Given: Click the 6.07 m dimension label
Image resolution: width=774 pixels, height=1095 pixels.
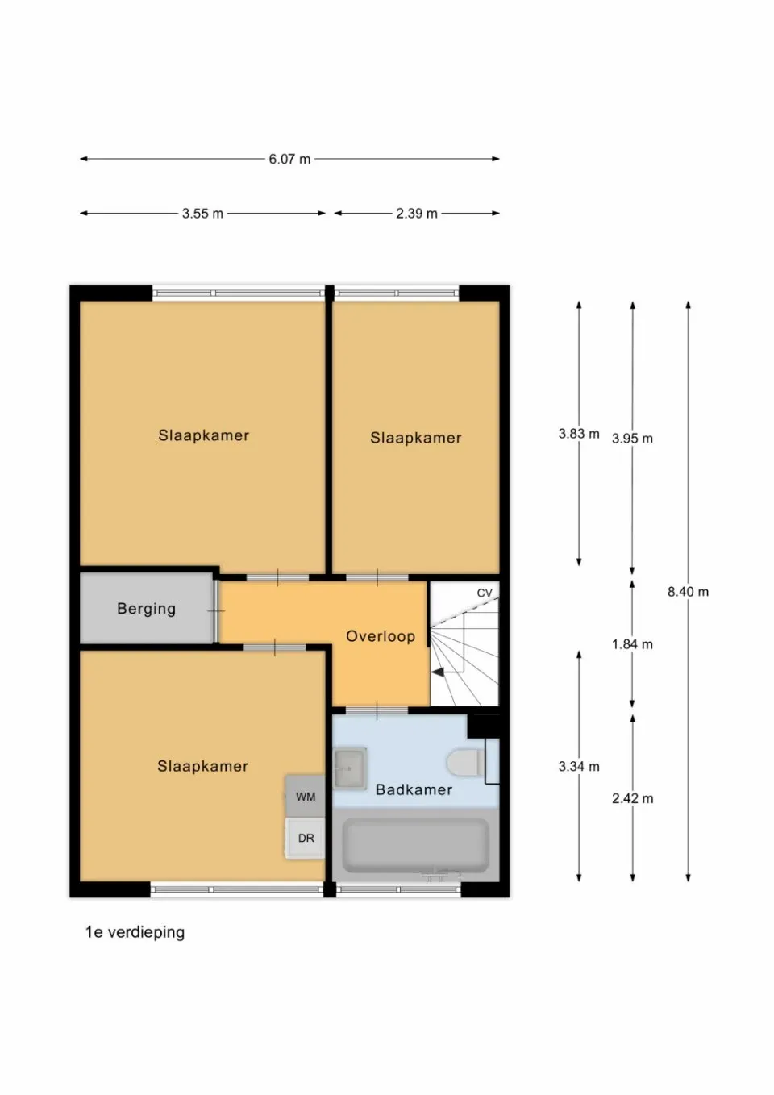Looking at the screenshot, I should (289, 160).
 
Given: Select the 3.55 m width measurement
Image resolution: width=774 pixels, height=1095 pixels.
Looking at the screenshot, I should (202, 214).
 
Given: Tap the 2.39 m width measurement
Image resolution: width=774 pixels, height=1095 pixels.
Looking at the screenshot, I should (416, 214).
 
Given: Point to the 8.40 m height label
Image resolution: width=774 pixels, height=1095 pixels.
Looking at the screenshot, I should (688, 592).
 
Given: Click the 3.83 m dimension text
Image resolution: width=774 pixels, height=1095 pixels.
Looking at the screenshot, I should (579, 434).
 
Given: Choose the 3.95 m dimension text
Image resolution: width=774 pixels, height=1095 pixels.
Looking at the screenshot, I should (632, 439).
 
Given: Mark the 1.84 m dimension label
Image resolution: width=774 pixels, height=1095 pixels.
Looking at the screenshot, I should (632, 644).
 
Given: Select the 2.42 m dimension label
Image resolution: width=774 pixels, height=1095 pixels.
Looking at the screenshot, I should (632, 798).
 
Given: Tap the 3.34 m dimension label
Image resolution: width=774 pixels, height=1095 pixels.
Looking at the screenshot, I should (579, 767).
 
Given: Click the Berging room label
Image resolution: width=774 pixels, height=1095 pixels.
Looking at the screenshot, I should (146, 609).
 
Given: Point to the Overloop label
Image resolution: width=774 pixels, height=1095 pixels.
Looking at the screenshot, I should (381, 636).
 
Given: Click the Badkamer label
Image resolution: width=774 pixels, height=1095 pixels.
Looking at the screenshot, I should (414, 789).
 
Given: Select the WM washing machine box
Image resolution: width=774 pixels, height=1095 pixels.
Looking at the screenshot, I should (306, 797).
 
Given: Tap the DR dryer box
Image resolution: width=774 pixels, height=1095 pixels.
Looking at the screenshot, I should (306, 838).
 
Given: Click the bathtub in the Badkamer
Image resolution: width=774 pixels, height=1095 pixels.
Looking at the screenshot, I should (415, 846).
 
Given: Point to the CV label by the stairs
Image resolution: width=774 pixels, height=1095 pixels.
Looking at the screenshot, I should (484, 593).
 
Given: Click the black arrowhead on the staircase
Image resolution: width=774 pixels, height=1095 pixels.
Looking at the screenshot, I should (438, 671).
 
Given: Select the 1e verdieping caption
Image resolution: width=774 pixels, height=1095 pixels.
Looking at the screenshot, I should (135, 932).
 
